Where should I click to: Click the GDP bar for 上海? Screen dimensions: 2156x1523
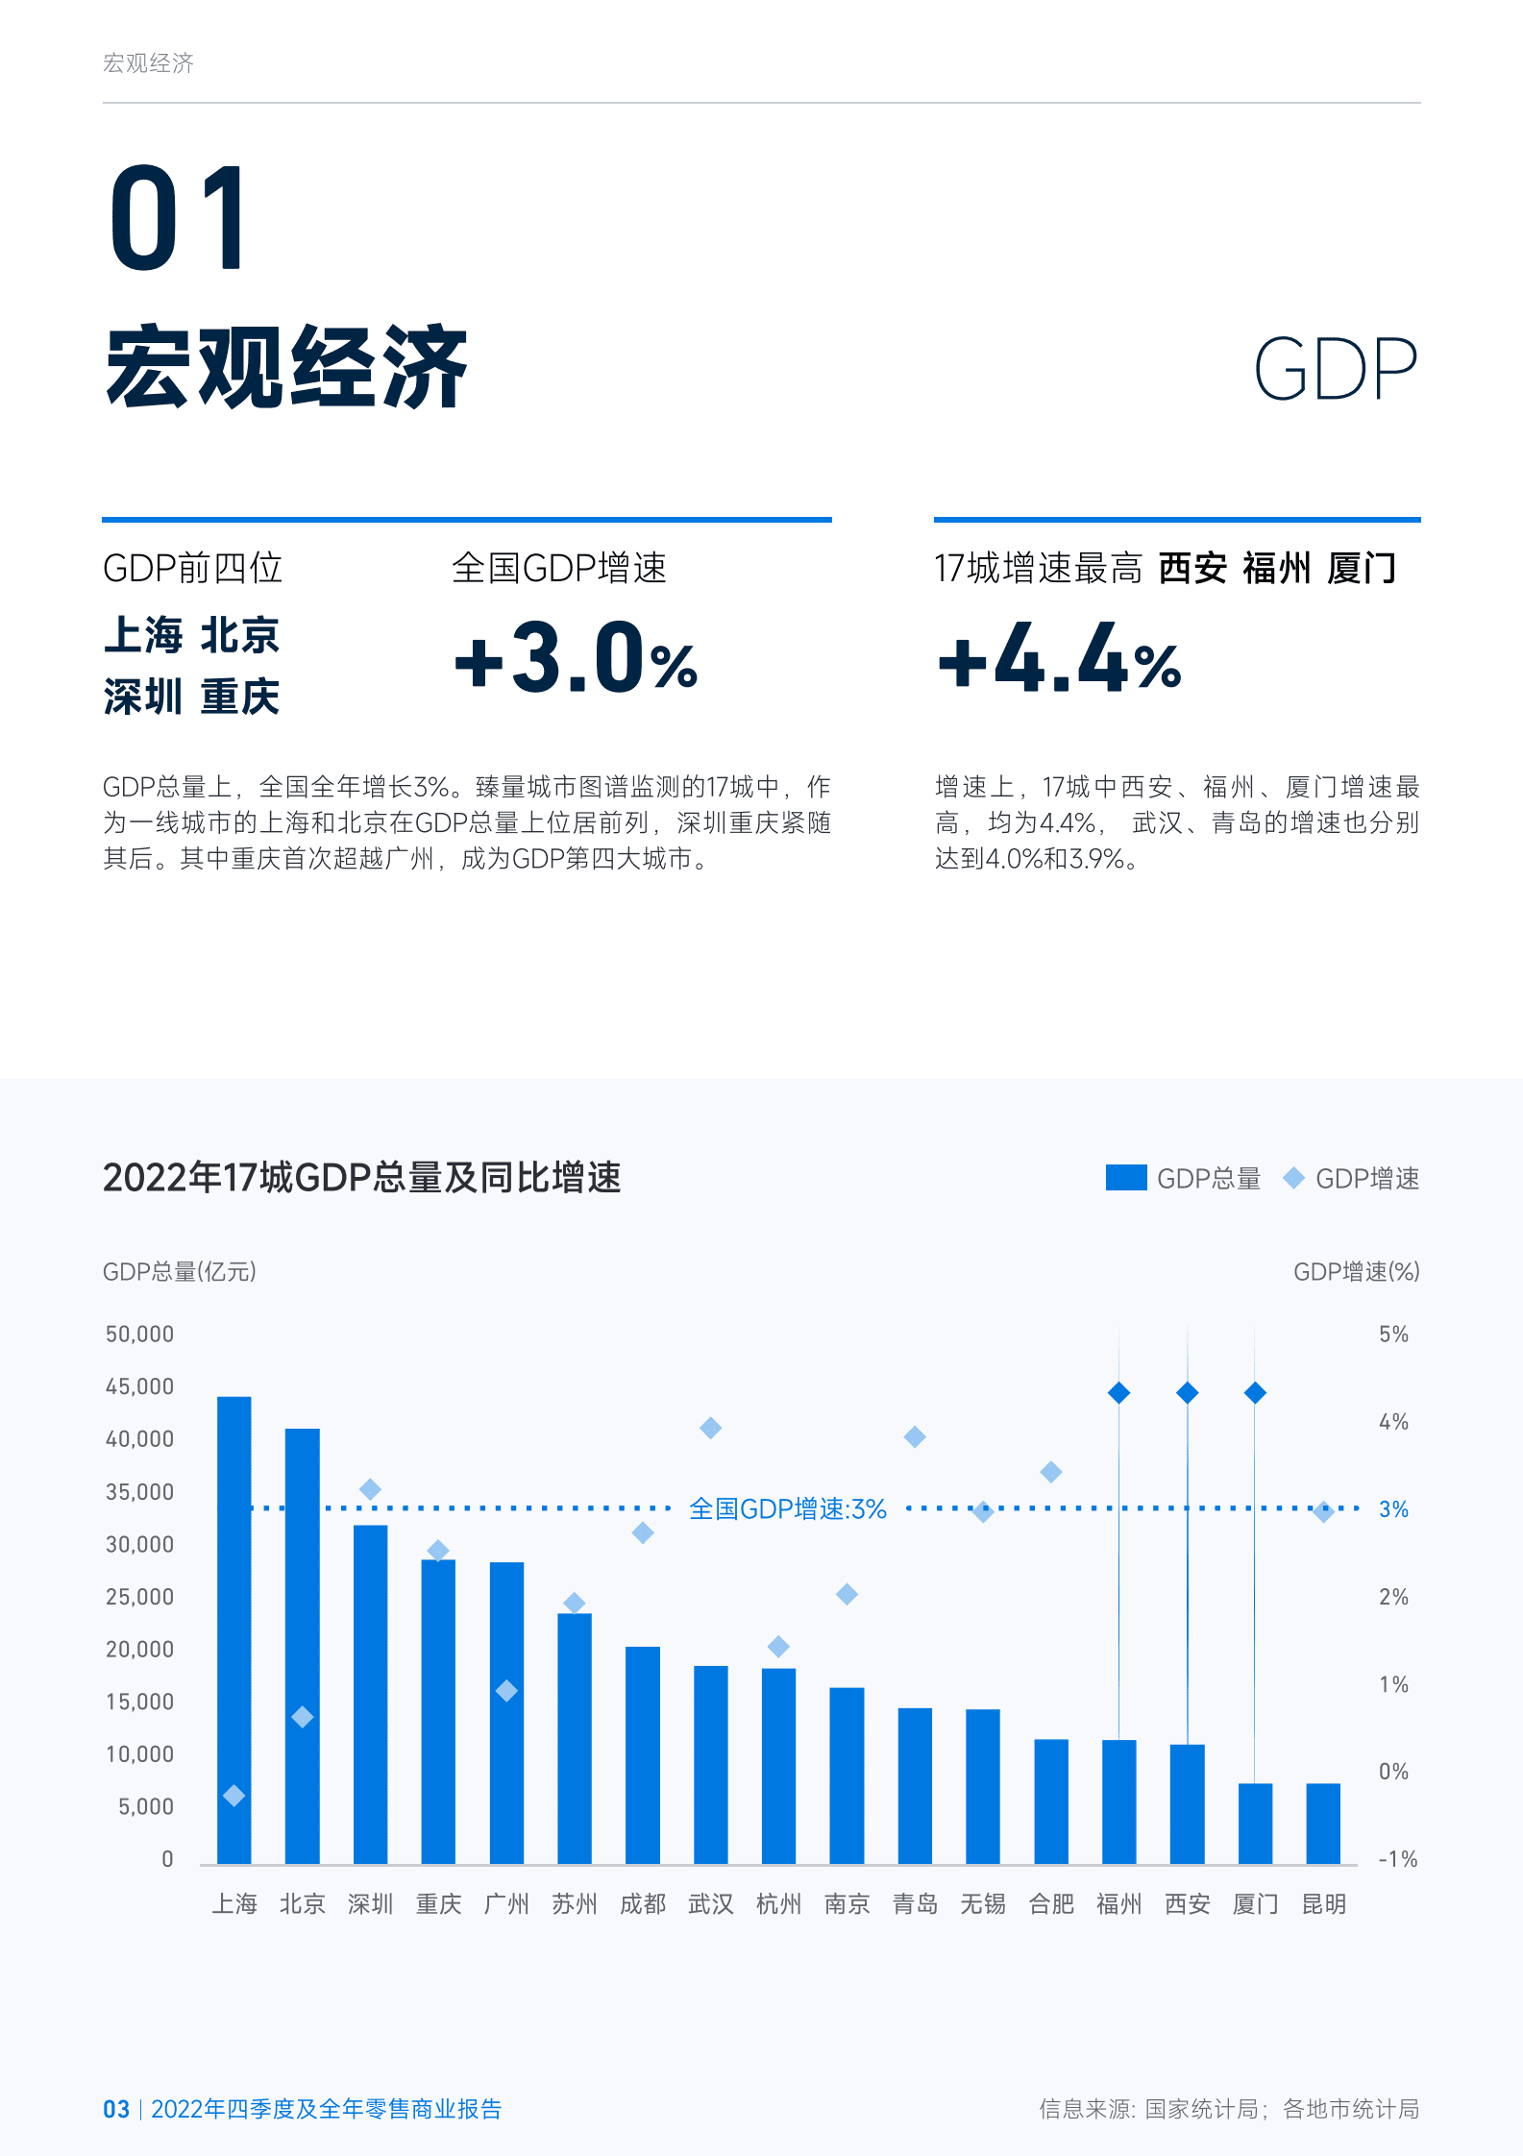click(233, 1633)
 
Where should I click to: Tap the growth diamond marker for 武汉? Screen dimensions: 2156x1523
click(710, 1428)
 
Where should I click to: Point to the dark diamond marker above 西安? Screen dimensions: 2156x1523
click(1187, 1392)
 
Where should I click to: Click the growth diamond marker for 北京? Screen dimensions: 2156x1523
click(302, 1716)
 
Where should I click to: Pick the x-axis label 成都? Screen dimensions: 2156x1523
click(642, 1903)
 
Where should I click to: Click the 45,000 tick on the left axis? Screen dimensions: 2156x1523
click(139, 1386)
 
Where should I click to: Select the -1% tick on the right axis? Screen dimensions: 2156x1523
click(1397, 1859)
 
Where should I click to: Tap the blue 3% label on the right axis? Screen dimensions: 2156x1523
click(1393, 1509)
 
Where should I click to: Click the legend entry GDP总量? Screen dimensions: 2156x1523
click(1184, 1178)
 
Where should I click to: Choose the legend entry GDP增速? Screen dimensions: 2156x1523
click(1351, 1178)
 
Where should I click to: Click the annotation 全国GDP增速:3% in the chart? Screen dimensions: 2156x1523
click(788, 1508)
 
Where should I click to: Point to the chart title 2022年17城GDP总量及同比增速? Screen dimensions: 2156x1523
click(361, 1177)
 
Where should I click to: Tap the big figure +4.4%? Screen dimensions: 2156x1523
click(1059, 660)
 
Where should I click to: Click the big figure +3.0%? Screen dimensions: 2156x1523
click(576, 660)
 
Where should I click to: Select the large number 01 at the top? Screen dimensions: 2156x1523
click(179, 219)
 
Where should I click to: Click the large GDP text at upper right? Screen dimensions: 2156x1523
click(1335, 369)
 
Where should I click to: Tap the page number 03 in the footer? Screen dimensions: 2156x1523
click(115, 2109)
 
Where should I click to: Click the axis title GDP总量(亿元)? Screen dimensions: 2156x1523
click(179, 1271)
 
